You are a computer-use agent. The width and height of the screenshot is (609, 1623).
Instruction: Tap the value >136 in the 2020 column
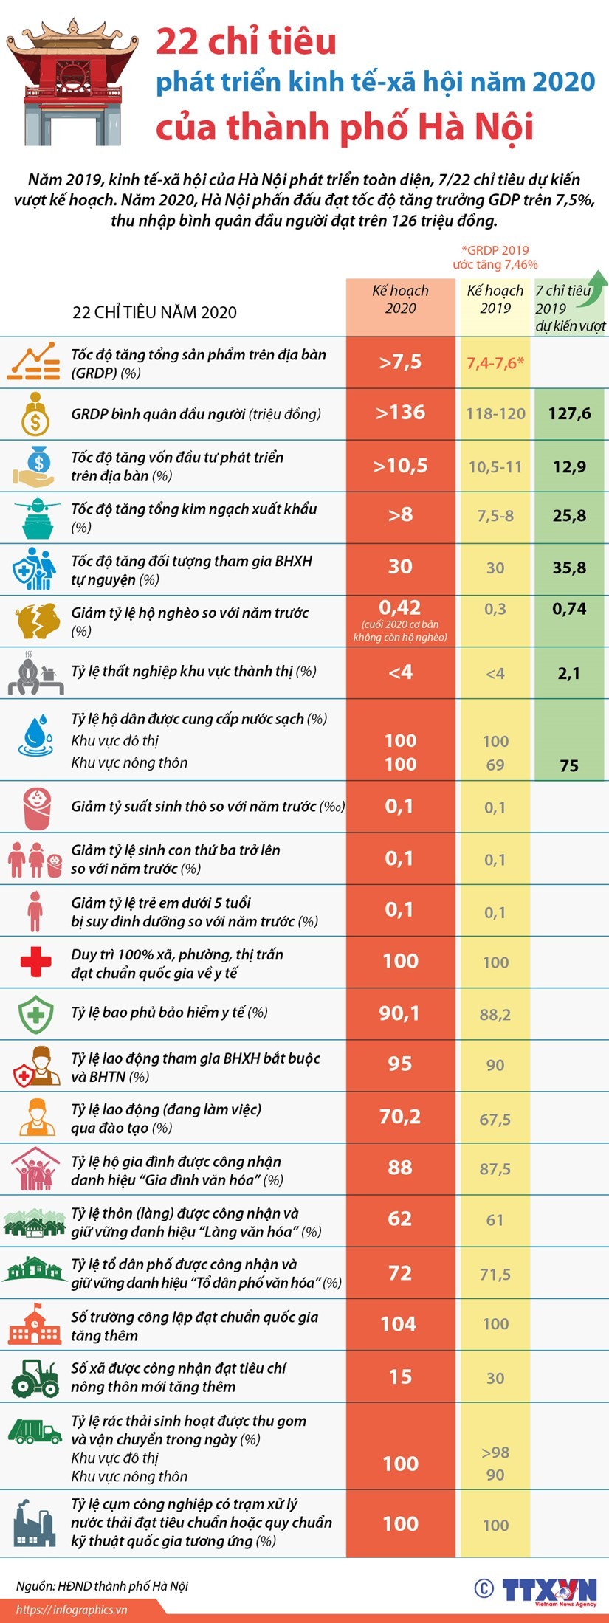coord(400,413)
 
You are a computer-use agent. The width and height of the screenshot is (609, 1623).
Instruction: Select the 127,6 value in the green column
coord(569,413)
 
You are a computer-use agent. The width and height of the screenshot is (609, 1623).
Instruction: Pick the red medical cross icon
coord(35,962)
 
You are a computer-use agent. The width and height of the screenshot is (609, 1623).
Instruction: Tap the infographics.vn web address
coord(72,1610)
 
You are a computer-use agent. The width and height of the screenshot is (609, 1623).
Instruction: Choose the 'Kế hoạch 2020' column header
coord(400,300)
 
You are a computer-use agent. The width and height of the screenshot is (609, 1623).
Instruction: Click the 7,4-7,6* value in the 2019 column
coord(495,362)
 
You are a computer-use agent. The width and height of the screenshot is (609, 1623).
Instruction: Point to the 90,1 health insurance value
coord(399,1013)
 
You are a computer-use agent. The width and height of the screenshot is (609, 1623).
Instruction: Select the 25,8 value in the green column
coord(569,516)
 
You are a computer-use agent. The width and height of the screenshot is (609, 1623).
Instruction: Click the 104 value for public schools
coord(399,1324)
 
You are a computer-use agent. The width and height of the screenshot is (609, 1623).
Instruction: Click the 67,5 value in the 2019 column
coord(495,1119)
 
